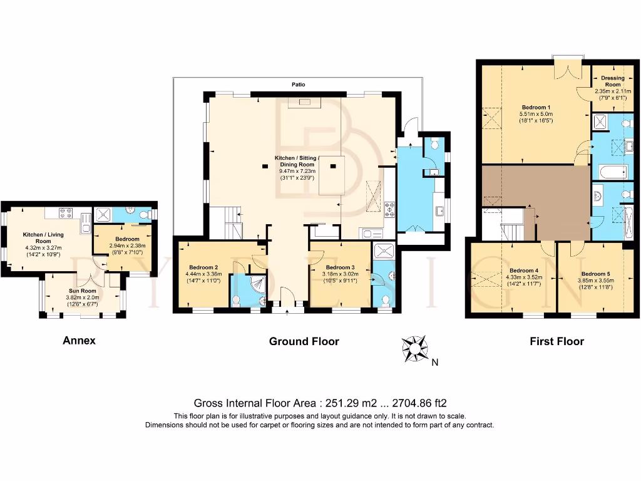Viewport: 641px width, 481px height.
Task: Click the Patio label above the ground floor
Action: (297, 84)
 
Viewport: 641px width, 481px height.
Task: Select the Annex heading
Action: (79, 341)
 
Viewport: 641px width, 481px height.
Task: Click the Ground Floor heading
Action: (304, 341)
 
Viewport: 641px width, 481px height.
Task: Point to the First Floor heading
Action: (556, 341)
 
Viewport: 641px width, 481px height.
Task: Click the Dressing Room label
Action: (612, 81)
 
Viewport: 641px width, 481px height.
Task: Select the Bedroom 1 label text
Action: (535, 107)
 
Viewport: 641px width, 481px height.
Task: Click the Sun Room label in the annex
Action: (83, 291)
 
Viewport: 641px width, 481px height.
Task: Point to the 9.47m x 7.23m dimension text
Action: (297, 170)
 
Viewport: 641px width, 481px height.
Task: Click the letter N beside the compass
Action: (435, 361)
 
